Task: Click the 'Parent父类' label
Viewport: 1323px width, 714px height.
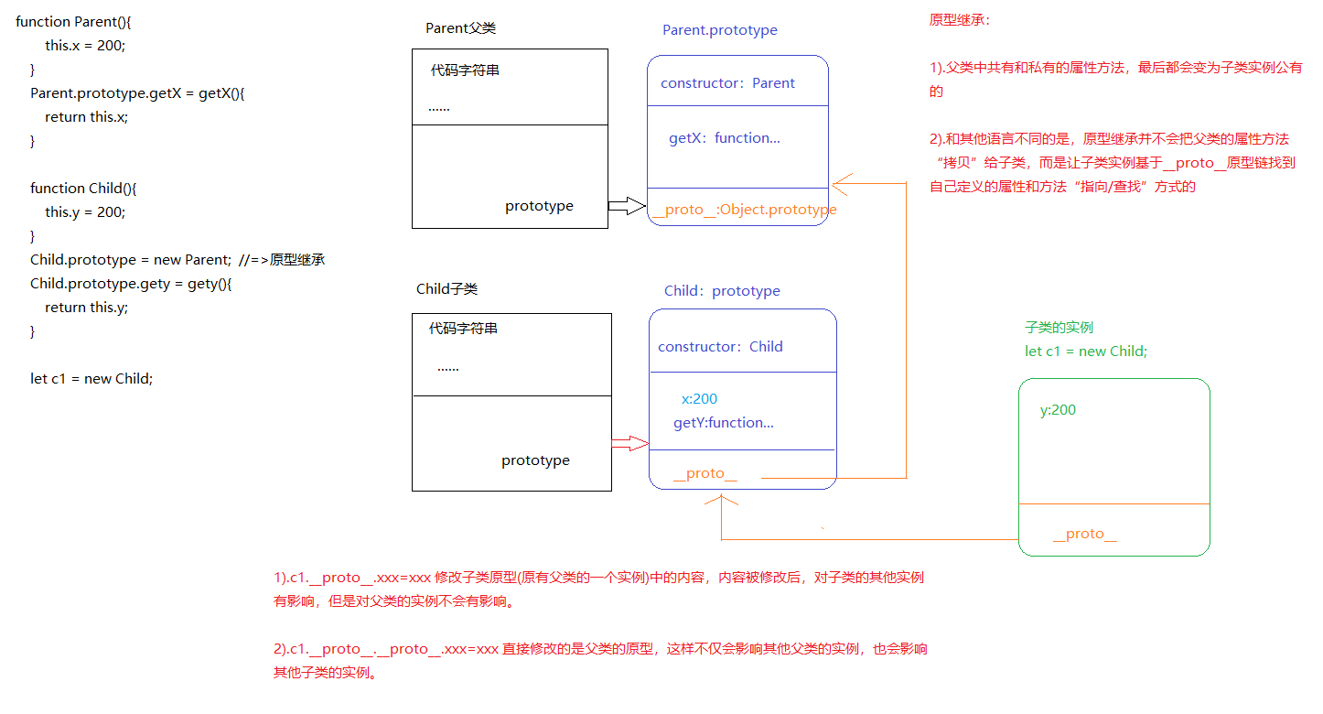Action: [460, 28]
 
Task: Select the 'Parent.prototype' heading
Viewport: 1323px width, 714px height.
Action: [719, 30]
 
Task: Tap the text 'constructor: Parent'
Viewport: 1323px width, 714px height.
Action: [727, 83]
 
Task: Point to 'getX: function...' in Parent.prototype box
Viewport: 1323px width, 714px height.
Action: [724, 138]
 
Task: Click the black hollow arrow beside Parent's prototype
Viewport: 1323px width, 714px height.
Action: [627, 206]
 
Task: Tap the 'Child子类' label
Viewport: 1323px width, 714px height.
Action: [446, 289]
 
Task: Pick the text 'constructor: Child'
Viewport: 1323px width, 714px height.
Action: [720, 347]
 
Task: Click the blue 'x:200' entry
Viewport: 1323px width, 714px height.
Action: [699, 399]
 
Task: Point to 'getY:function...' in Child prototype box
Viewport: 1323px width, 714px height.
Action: [723, 423]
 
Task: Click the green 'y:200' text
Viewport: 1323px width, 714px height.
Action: [1058, 410]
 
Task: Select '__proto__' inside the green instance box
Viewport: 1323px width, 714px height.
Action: [1084, 534]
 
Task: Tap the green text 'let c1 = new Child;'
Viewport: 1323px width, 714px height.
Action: [1085, 352]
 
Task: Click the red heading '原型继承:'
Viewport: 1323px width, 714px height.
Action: [959, 20]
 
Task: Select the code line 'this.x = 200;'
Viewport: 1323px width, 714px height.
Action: [85, 45]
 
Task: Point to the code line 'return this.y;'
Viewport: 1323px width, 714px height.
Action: [86, 308]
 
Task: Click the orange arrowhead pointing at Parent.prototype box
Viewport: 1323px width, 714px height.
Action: [839, 185]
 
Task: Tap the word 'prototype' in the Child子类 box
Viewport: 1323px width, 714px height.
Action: [535, 460]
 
